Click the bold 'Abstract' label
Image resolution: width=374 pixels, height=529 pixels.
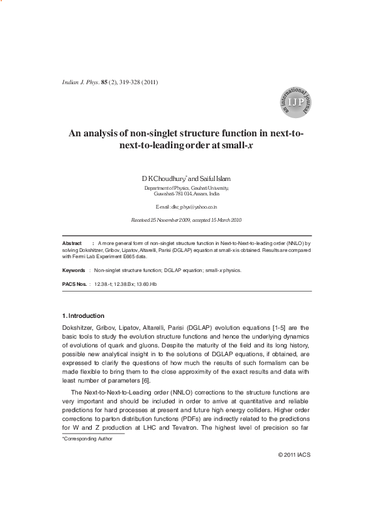(x=72, y=243)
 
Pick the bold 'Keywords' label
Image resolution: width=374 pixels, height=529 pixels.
(x=74, y=270)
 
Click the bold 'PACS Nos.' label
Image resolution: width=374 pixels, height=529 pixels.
(x=75, y=285)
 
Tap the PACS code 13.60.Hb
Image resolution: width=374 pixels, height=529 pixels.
(x=144, y=285)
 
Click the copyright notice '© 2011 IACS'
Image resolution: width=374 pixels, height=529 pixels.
(x=294, y=454)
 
